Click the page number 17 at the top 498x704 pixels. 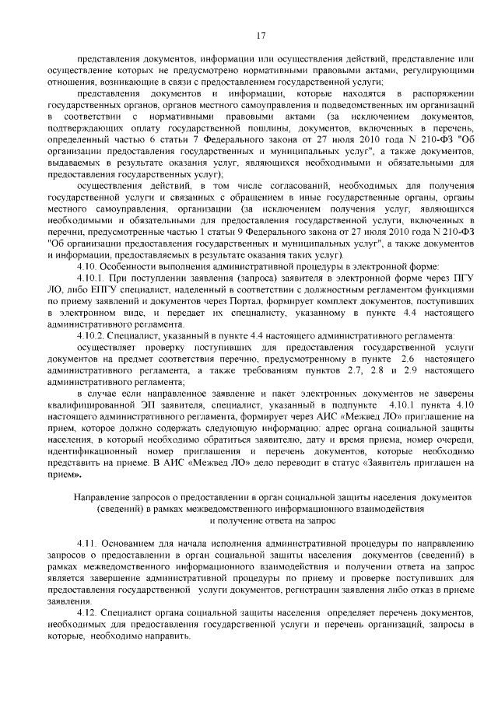click(261, 33)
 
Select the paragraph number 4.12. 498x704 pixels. click(89, 615)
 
